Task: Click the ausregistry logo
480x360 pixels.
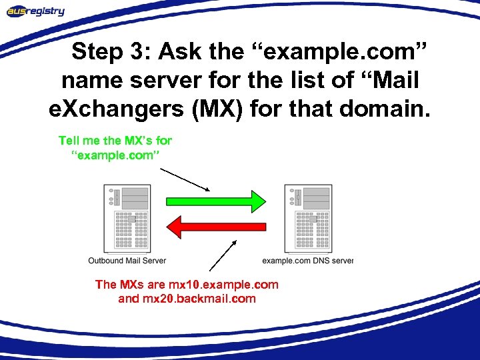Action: (x=36, y=11)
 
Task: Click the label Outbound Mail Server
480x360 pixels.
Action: (x=127, y=260)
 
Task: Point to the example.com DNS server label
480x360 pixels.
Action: (x=307, y=260)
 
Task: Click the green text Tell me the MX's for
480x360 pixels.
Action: (x=115, y=141)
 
